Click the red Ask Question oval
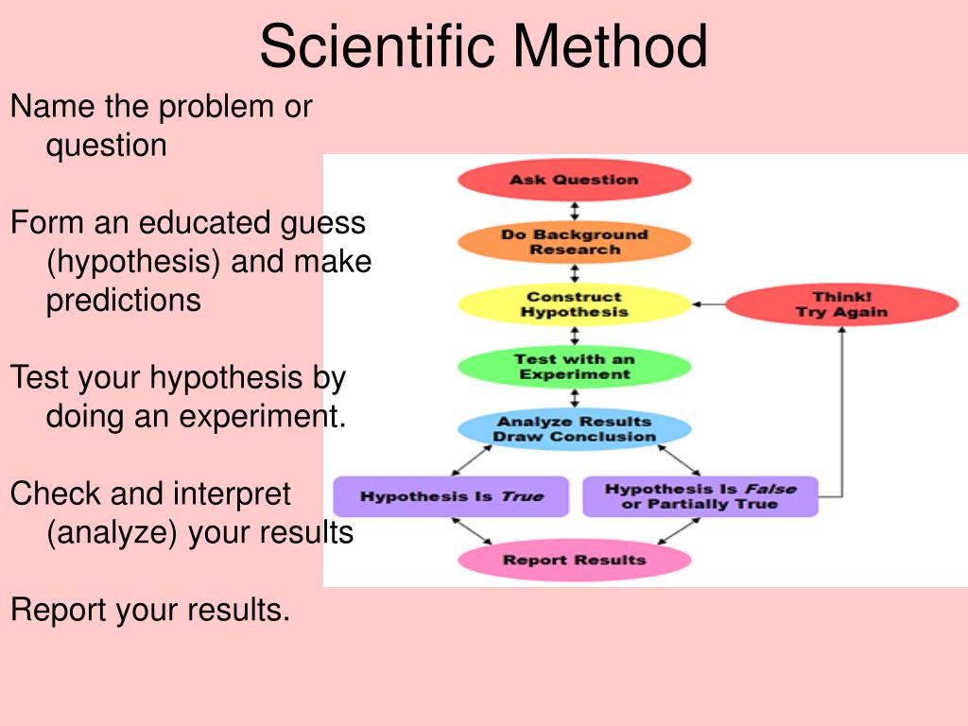tap(574, 180)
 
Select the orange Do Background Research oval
tap(574, 242)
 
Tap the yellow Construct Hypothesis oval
tap(574, 304)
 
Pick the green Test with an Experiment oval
tap(574, 367)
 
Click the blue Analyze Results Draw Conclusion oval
tap(574, 429)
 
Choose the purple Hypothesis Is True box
tap(451, 496)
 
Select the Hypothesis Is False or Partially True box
tap(700, 496)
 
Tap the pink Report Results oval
tap(574, 560)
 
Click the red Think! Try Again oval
tap(841, 304)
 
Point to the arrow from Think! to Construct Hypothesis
tap(708, 304)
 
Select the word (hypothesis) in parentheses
tap(133, 262)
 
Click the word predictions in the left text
tap(123, 301)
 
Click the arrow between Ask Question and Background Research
tap(574, 211)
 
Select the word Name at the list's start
tap(52, 107)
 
